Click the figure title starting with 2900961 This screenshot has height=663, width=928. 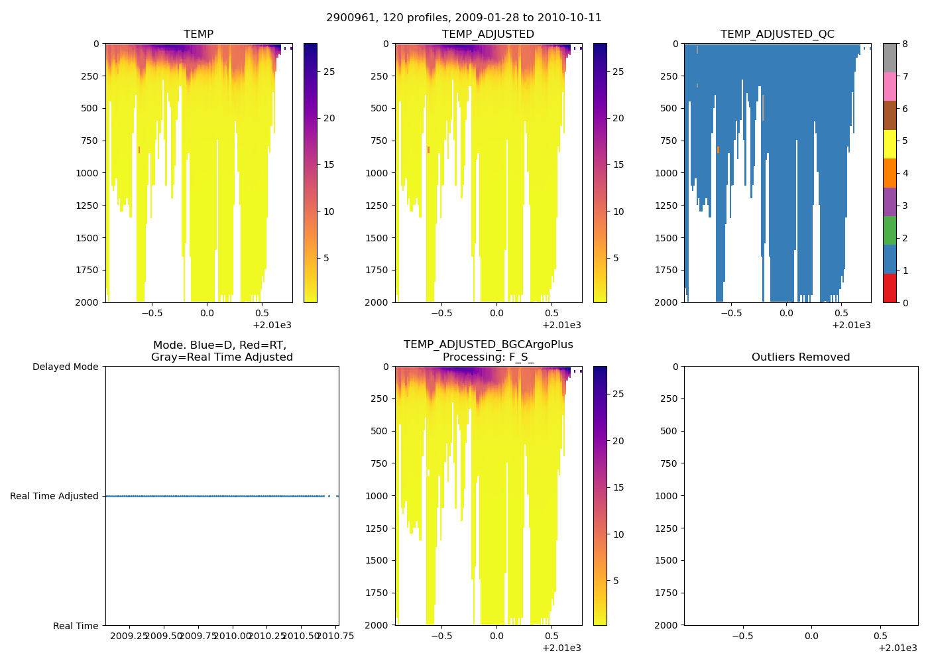463,18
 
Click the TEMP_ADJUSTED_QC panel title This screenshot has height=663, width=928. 777,34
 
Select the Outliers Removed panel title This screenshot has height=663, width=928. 800,357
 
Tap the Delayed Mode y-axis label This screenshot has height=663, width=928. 65,367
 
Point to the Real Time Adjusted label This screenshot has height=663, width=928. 54,496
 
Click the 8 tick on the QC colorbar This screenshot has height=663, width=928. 905,44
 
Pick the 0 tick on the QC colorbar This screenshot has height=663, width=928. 905,302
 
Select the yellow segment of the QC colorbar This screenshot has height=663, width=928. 890,144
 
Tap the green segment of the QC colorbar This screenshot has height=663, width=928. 890,230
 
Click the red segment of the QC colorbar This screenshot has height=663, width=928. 890,288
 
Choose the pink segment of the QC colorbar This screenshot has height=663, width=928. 890,86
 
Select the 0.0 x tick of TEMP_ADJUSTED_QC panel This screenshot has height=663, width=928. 786,313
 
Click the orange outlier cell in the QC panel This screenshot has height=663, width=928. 718,150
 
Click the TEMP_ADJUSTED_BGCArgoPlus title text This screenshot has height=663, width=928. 488,345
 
